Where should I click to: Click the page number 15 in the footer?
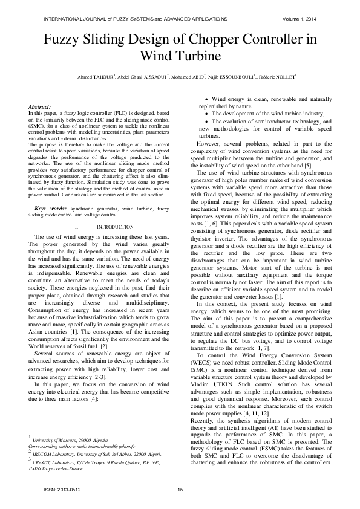tap(180, 490)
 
